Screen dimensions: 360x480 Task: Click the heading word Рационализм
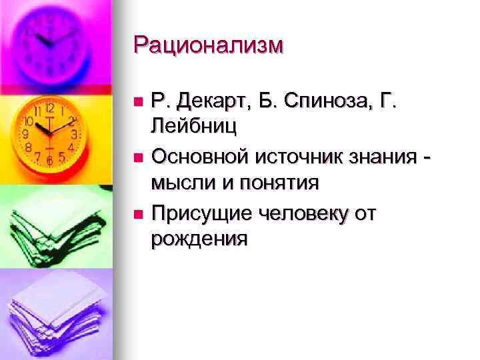click(208, 46)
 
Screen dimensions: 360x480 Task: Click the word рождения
click(199, 237)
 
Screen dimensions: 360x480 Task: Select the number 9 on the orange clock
click(25, 134)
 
